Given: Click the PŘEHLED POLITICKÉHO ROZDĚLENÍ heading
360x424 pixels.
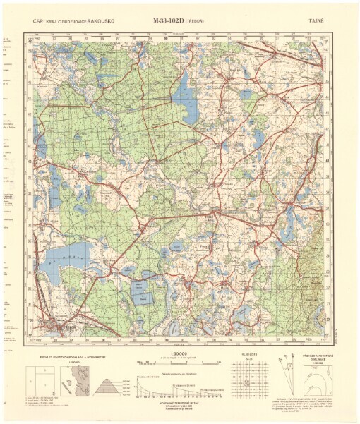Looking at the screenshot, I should [x=71, y=357].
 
